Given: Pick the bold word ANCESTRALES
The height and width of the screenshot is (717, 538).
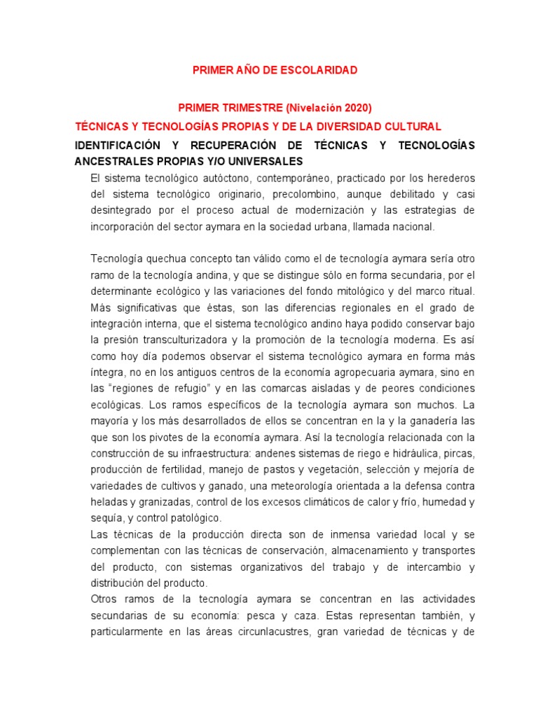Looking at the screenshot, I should tap(112, 160).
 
